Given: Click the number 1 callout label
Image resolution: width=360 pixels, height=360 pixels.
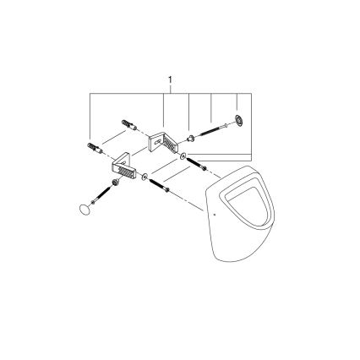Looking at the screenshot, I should (x=172, y=82).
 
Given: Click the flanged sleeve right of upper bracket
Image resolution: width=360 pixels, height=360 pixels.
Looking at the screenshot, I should (x=193, y=135).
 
